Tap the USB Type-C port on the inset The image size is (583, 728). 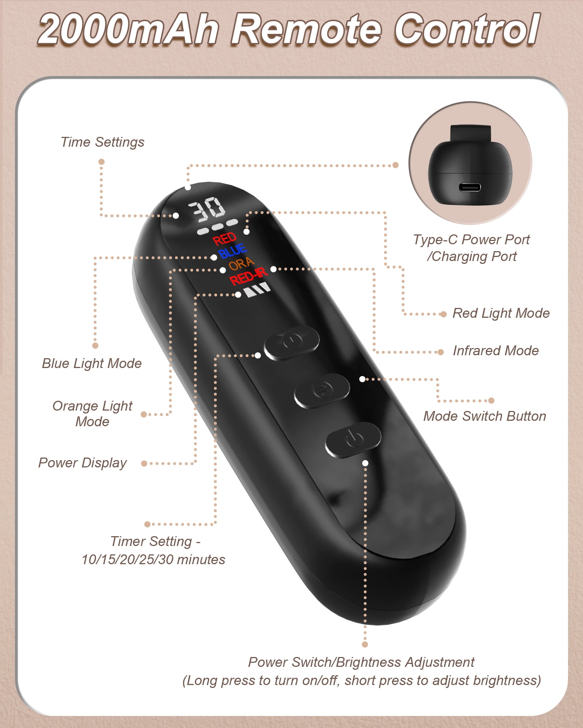(470, 188)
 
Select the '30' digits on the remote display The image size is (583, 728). (207, 210)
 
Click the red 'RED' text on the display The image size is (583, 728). (224, 239)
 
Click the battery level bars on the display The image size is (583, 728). (258, 290)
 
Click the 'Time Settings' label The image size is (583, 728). (102, 142)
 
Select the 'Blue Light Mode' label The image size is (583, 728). (92, 363)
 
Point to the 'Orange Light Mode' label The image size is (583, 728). (92, 414)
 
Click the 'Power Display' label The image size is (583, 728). (83, 463)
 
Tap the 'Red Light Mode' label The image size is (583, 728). (501, 313)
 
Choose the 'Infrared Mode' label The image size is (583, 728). (496, 351)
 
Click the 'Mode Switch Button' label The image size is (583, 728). (485, 416)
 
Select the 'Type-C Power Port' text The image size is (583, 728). (472, 240)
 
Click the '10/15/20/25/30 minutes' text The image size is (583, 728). (153, 559)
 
